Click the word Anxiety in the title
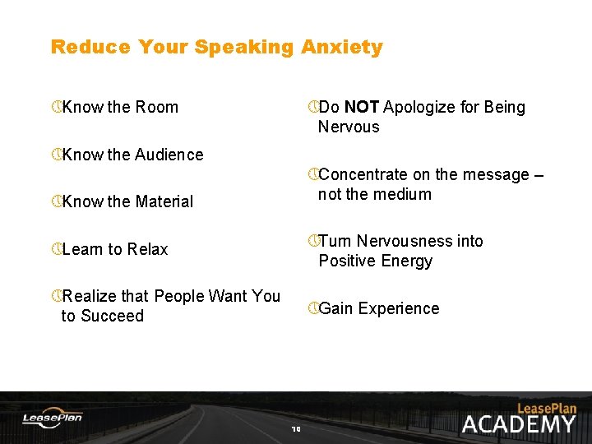[342, 47]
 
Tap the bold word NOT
[362, 107]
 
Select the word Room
[156, 107]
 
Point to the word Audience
[169, 155]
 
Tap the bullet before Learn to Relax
[56, 249]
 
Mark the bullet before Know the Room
[56, 107]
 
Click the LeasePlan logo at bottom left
[52, 418]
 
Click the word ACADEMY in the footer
[518, 424]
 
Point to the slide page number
[296, 428]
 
